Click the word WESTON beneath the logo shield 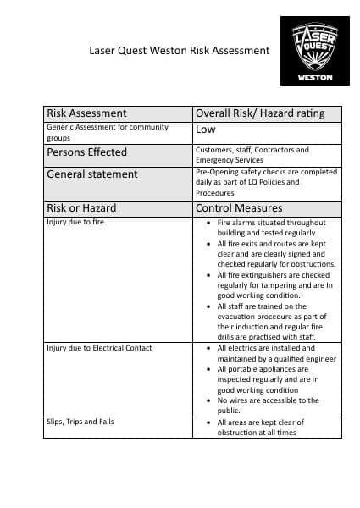(x=314, y=79)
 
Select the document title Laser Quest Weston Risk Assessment (x=180, y=50)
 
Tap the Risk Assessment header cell (x=87, y=113)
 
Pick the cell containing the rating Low (x=206, y=130)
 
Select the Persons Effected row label (x=87, y=152)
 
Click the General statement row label (x=92, y=174)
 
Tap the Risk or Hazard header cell (x=82, y=207)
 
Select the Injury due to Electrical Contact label (x=98, y=348)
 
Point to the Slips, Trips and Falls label (x=80, y=422)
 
